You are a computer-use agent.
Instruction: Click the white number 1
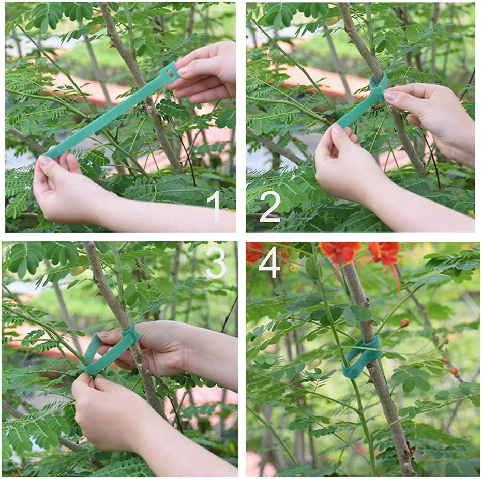tap(213, 206)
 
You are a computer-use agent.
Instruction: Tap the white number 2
tap(269, 206)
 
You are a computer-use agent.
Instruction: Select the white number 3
tap(216, 262)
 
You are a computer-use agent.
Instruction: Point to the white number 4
tap(269, 262)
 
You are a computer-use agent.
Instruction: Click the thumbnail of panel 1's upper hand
tap(183, 70)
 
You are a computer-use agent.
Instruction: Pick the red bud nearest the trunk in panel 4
tap(404, 323)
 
